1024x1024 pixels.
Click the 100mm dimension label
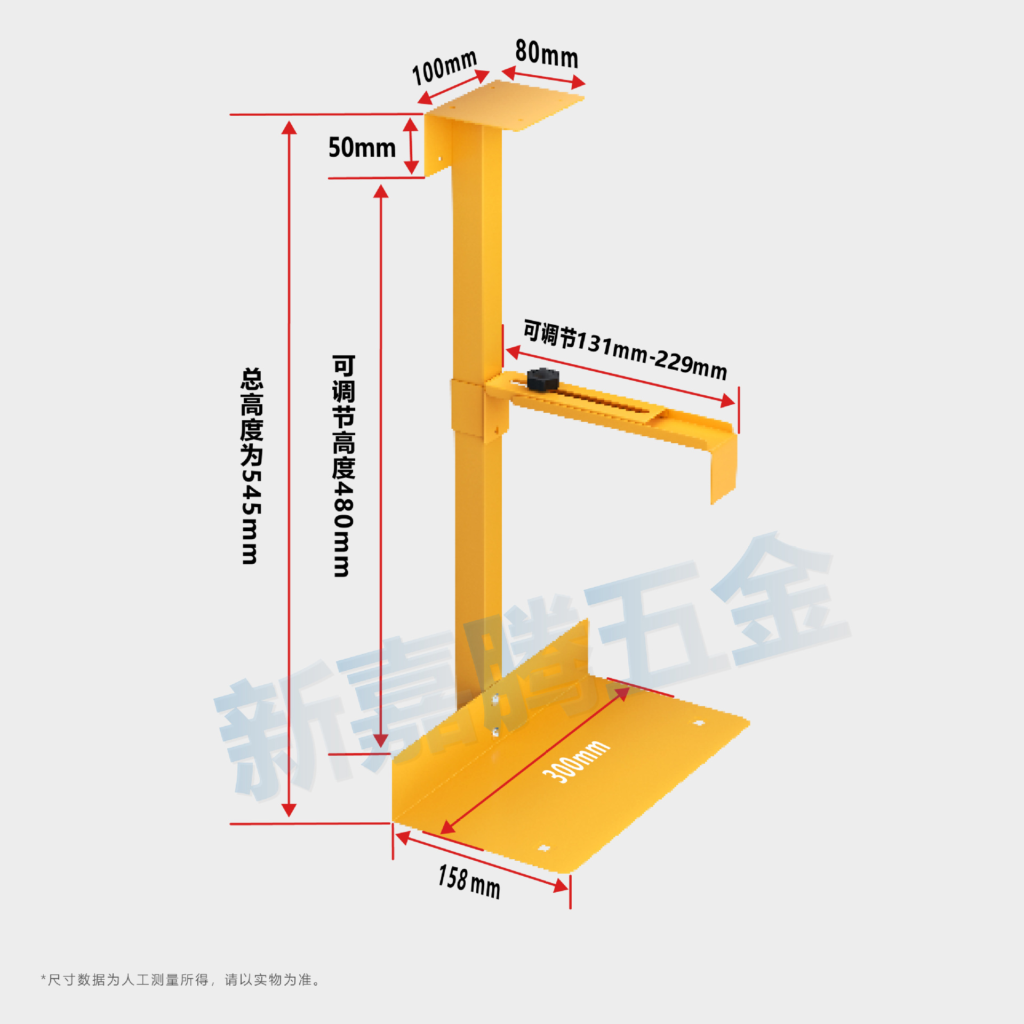click(x=444, y=68)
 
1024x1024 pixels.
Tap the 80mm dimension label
click(x=547, y=54)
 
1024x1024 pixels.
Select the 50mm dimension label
click(x=362, y=148)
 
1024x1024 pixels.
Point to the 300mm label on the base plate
click(x=576, y=761)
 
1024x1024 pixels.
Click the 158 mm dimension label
click(x=469, y=882)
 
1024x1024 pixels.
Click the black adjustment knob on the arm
click(x=543, y=379)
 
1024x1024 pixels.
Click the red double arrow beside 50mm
click(x=411, y=146)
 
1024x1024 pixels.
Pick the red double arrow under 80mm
click(x=543, y=77)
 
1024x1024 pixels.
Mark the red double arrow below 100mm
click(x=453, y=87)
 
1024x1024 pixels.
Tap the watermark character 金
click(x=779, y=603)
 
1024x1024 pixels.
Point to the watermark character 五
click(x=656, y=629)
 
